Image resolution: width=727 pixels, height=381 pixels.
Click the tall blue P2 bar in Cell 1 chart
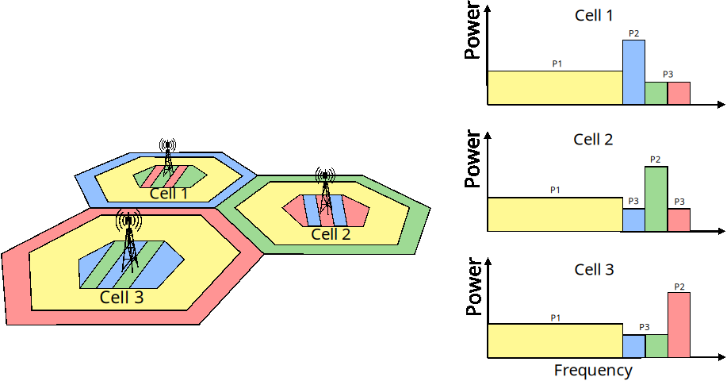click(x=633, y=72)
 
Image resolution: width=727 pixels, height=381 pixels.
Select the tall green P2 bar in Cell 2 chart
click(x=656, y=198)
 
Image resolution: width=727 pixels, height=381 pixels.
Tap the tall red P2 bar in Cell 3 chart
click(x=679, y=325)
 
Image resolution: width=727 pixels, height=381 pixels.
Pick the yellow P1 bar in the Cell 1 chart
click(x=554, y=88)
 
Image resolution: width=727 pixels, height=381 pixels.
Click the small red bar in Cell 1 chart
click(x=679, y=94)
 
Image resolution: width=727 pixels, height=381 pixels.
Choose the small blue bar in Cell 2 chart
click(x=633, y=220)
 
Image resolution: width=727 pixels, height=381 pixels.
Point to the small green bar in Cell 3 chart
click(x=656, y=345)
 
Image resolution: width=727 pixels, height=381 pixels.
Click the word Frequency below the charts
click(x=593, y=371)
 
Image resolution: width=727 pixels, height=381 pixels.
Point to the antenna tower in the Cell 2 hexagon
click(x=324, y=194)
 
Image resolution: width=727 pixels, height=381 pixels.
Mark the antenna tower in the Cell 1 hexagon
click(x=167, y=159)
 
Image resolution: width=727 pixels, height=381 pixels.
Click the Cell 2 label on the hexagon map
click(x=331, y=234)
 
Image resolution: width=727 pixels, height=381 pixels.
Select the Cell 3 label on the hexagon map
click(x=121, y=298)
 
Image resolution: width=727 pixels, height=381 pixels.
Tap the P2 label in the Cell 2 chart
click(x=655, y=160)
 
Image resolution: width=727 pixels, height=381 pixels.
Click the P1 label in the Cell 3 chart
click(x=555, y=317)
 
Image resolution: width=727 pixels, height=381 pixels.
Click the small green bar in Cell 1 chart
click(x=656, y=94)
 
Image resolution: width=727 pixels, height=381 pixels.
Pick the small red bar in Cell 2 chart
click(x=679, y=220)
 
